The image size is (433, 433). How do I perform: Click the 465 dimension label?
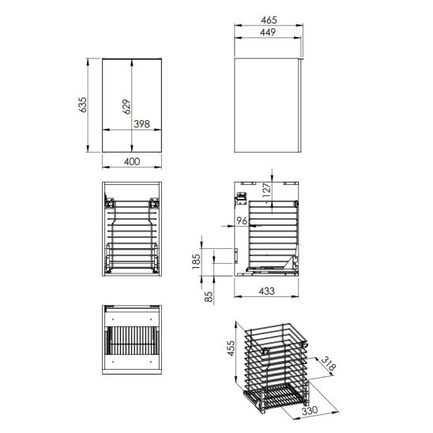tap(269, 20)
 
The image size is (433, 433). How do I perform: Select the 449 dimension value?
tap(268, 32)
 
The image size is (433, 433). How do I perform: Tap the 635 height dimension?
tap(82, 104)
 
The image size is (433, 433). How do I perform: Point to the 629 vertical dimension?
tap(126, 107)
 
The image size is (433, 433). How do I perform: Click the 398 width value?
tap(141, 124)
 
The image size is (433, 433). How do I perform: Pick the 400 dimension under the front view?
tap(132, 161)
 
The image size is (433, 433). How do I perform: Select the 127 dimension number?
tap(267, 190)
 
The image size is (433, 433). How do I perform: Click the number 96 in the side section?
tap(242, 220)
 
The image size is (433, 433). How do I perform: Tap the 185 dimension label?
tap(195, 262)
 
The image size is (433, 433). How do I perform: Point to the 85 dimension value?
tap(209, 296)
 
